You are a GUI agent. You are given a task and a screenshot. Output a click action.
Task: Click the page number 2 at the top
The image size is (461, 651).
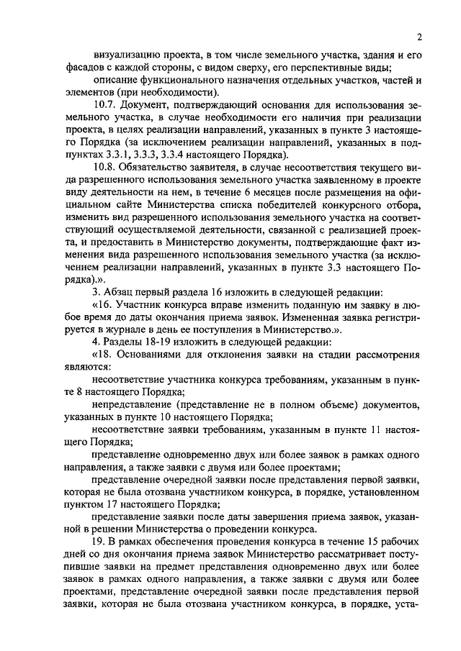click(x=418, y=38)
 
